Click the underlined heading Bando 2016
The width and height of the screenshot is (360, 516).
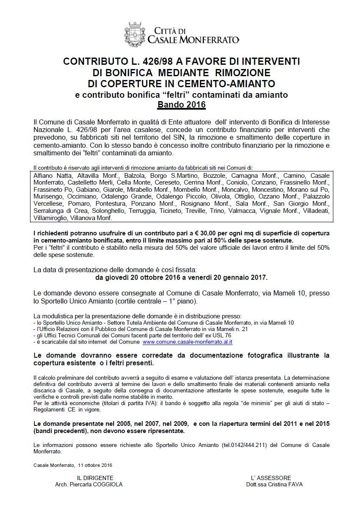(181, 104)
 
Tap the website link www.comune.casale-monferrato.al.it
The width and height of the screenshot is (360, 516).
(188, 342)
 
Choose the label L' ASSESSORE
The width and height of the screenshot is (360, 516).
(271, 478)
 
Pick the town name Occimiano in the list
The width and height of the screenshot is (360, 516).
(76, 197)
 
